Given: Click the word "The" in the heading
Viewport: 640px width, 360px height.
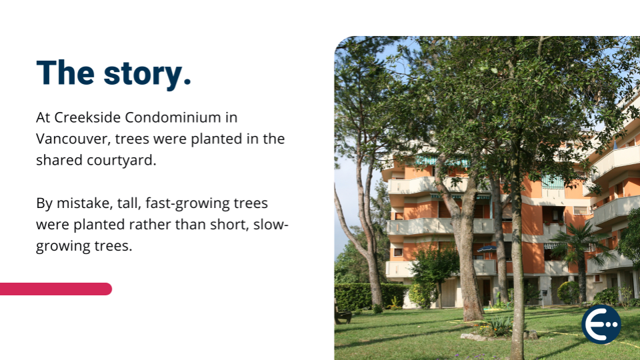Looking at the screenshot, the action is (65, 73).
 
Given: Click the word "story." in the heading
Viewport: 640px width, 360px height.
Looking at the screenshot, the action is (147, 74).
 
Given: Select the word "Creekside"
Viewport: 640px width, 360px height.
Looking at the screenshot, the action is (87, 117).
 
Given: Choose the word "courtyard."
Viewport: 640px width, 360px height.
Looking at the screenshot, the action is (121, 161).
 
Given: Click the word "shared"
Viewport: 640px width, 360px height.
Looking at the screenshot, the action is (59, 160).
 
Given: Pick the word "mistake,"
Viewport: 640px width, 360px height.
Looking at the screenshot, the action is (85, 203).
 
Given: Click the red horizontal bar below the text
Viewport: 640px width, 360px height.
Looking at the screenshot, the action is (56, 289).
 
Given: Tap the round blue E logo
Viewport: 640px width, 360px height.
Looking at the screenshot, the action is (601, 324).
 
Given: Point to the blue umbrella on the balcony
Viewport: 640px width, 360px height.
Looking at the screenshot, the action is (487, 249).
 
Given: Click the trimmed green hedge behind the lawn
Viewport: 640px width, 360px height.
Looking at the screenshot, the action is (369, 296).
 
